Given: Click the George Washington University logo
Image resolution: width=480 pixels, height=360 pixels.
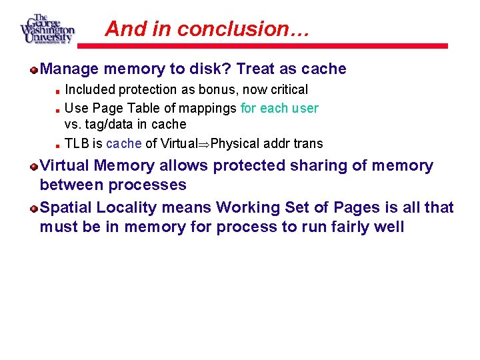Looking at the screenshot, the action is (47, 29).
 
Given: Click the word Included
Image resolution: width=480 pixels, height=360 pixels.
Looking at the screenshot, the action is (89, 89).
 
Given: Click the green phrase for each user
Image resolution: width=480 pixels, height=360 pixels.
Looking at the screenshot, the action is (279, 107).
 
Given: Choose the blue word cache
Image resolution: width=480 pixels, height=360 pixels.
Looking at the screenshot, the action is (124, 143).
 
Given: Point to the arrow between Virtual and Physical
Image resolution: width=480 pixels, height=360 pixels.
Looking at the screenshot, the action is (205, 143).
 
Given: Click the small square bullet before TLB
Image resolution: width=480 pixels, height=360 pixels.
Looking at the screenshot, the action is (58, 144).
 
